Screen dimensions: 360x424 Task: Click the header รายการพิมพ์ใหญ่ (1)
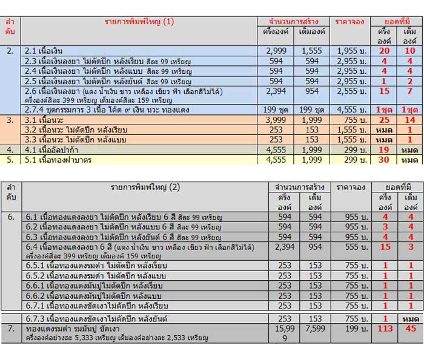point(139,22)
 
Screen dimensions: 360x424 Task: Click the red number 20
point(383,51)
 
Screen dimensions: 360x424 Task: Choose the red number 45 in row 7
point(410,329)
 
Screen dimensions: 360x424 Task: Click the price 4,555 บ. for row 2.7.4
point(349,110)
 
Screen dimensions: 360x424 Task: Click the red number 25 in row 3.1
point(383,120)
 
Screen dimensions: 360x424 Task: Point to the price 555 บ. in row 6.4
point(350,247)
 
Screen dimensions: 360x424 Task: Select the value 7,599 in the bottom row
point(312,329)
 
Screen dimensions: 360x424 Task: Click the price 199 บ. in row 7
point(350,329)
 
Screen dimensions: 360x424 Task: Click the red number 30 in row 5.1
point(383,159)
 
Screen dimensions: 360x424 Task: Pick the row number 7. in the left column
point(10,329)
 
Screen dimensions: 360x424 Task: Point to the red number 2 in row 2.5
point(410,80)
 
